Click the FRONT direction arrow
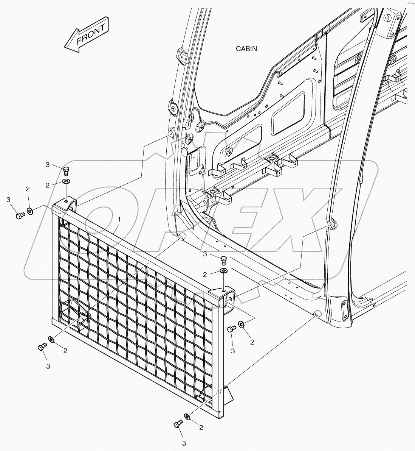click(x=86, y=36)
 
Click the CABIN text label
click(x=246, y=48)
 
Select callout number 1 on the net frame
click(x=119, y=219)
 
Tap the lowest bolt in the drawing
click(x=178, y=425)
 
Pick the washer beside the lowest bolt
click(x=187, y=417)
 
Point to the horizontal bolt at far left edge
click(x=20, y=215)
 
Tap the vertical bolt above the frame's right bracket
click(x=224, y=260)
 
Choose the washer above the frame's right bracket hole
click(x=224, y=271)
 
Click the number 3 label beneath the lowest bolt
click(x=184, y=443)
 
